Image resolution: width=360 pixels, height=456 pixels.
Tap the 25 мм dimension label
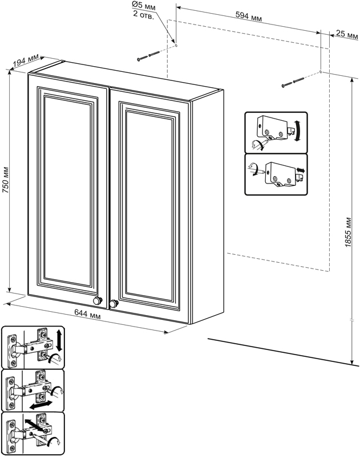point(345,34)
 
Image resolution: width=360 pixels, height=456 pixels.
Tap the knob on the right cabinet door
point(114,303)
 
